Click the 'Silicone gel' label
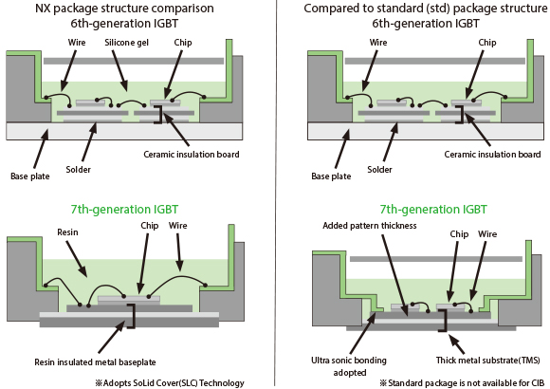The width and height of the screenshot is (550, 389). click(127, 43)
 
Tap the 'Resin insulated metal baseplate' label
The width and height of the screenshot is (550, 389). click(95, 362)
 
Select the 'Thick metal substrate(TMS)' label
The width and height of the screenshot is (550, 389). click(488, 361)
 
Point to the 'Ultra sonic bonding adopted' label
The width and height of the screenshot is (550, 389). click(349, 366)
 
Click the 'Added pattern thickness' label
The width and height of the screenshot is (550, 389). click(370, 226)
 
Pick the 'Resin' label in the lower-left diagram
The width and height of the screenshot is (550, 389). click(67, 232)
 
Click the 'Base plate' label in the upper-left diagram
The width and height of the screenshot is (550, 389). click(30, 176)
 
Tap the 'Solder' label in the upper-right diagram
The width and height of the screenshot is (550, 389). click(379, 170)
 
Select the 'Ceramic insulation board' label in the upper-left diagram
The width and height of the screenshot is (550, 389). click(192, 154)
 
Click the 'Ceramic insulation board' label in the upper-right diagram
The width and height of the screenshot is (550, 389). click(492, 154)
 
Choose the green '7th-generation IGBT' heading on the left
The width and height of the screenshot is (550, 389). click(124, 210)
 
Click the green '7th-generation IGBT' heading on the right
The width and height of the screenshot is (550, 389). click(433, 210)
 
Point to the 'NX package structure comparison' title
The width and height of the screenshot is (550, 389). click(124, 9)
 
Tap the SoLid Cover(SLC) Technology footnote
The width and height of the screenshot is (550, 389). click(170, 383)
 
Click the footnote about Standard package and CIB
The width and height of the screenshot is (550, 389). click(462, 383)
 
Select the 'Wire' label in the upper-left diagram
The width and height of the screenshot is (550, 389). click(77, 43)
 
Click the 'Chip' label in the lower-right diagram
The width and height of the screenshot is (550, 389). click(459, 234)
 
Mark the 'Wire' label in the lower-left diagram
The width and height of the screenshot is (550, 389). click(178, 226)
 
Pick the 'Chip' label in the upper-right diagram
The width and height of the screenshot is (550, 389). click(487, 43)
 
